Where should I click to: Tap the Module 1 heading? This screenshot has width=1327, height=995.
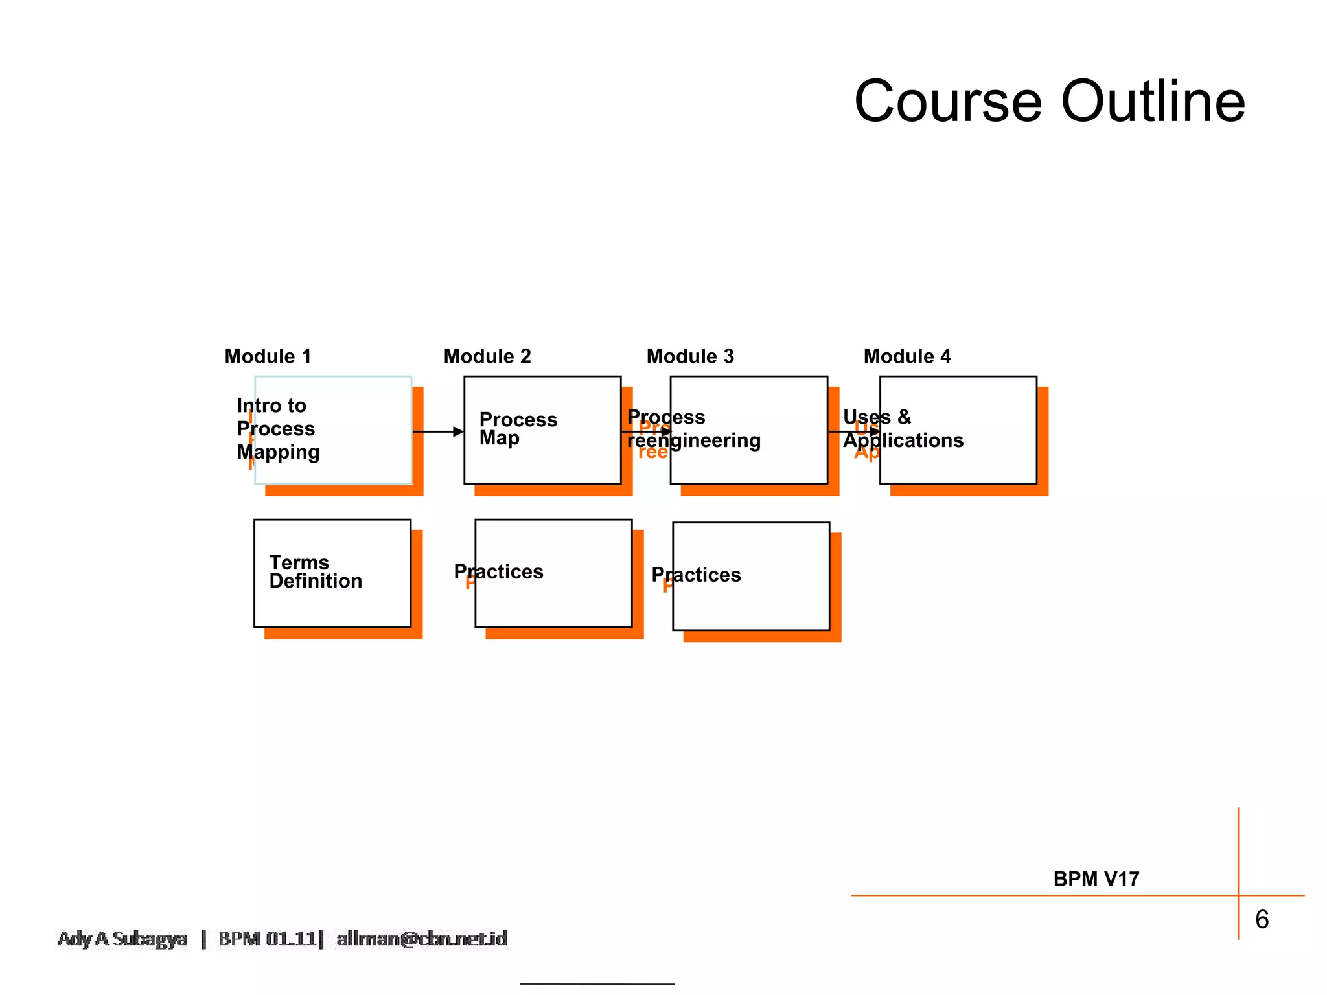pos(268,356)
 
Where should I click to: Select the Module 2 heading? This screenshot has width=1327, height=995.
pos(487,356)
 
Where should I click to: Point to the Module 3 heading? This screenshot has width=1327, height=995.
pos(690,356)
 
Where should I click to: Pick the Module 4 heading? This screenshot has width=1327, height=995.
pos(907,356)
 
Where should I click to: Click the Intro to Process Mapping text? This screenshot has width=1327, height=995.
pos(277,429)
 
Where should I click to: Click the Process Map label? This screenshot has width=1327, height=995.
pos(518,429)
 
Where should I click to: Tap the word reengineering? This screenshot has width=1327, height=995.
pos(694,440)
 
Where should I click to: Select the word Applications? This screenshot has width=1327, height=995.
pos(903,440)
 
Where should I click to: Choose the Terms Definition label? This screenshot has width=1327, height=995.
pos(316,572)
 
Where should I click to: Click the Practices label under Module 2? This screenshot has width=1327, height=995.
pos(498,572)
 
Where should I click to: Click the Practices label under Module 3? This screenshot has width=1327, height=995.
pos(696,575)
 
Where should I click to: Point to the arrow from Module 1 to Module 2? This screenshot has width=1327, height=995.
pos(437,431)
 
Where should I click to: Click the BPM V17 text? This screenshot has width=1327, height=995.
pos(1096,879)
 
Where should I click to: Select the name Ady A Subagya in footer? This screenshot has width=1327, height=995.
pos(122,939)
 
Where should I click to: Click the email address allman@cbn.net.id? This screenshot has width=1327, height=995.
pos(422,939)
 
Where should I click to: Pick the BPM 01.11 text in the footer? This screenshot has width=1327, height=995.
pos(267,939)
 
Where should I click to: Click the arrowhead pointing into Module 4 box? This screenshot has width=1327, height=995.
pos(874,431)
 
